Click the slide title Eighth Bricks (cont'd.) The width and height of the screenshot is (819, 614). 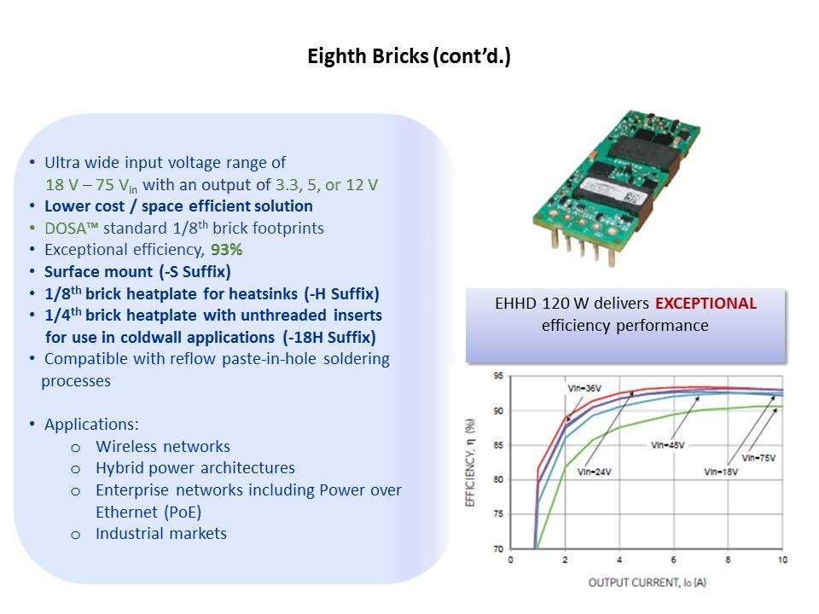point(409,56)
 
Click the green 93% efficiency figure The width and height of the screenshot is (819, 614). point(227,250)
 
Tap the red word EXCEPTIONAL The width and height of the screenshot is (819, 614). point(706,304)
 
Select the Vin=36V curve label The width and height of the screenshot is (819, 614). point(584,389)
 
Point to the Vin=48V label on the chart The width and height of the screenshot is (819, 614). point(667,445)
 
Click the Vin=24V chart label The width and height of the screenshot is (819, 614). point(594,472)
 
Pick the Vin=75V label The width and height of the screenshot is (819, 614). point(758,458)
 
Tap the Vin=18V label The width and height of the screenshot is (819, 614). point(721,472)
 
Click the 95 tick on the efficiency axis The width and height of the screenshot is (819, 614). point(498,376)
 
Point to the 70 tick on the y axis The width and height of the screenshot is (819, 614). point(498,548)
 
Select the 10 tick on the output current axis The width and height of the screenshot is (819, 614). point(782,559)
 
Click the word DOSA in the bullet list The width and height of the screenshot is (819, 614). point(66,229)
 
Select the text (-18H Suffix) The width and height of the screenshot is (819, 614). point(329,338)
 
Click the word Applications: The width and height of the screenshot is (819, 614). point(91,425)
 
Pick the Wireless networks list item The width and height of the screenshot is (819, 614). point(163,446)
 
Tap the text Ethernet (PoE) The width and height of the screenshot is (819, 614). point(148,513)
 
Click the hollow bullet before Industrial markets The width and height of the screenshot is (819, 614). point(76,535)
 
